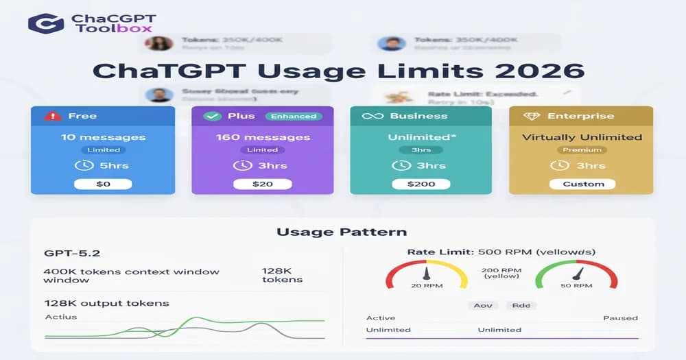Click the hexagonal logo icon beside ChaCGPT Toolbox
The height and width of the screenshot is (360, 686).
(46, 23)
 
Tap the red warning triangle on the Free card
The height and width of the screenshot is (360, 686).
(52, 116)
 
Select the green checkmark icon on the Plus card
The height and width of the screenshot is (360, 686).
(213, 116)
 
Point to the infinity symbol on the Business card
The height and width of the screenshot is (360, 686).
(372, 116)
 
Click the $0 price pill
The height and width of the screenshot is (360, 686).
(103, 184)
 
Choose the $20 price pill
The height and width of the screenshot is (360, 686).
(262, 184)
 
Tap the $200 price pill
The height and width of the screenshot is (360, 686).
(421, 184)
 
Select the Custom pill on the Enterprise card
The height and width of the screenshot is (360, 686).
(583, 184)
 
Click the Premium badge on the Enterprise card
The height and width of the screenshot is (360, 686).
(582, 149)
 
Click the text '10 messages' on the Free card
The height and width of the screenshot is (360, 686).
(103, 136)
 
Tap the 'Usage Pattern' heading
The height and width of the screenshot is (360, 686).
(342, 232)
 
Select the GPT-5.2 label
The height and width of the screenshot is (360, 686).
(68, 253)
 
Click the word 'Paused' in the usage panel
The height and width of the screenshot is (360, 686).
(620, 318)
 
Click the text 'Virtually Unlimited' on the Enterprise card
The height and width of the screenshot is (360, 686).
(582, 136)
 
